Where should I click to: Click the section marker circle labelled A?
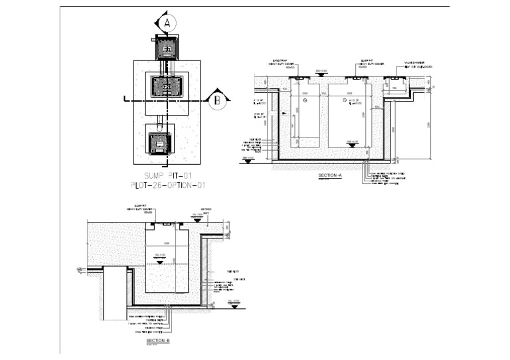[x=168, y=22]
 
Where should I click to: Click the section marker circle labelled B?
[x=216, y=101]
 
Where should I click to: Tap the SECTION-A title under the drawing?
[x=329, y=176]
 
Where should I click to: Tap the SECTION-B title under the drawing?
[x=158, y=340]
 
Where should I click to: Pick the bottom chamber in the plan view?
[x=159, y=143]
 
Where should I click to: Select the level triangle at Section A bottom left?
[x=247, y=160]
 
